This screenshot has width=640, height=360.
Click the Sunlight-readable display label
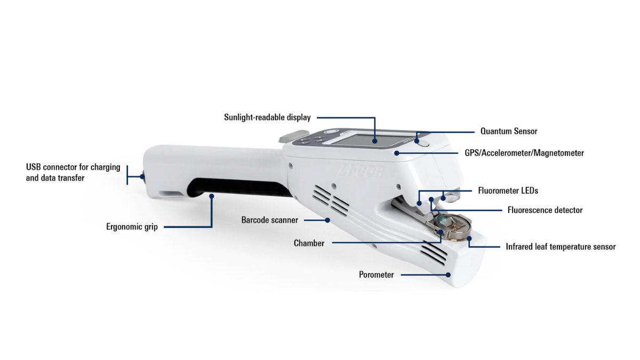(267, 117)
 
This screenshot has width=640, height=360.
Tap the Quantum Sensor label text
(509, 131)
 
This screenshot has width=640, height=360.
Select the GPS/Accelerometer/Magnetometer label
(524, 153)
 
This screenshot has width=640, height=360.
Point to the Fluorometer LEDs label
(508, 190)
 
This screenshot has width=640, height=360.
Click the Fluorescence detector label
(545, 210)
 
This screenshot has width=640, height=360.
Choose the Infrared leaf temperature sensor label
(561, 246)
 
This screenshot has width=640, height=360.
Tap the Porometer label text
(377, 275)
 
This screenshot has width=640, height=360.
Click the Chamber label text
(309, 243)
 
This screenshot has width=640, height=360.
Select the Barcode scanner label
(269, 220)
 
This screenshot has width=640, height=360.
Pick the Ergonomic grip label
(132, 227)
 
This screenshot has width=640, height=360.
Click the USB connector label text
(73, 172)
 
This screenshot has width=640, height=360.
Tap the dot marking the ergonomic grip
(211, 196)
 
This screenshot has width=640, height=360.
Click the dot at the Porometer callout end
(448, 275)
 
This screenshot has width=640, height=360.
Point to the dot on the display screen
(374, 141)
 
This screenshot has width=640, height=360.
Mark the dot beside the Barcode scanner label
(327, 220)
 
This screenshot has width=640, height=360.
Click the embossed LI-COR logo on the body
(362, 171)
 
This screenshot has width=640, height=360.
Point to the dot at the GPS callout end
(397, 154)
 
